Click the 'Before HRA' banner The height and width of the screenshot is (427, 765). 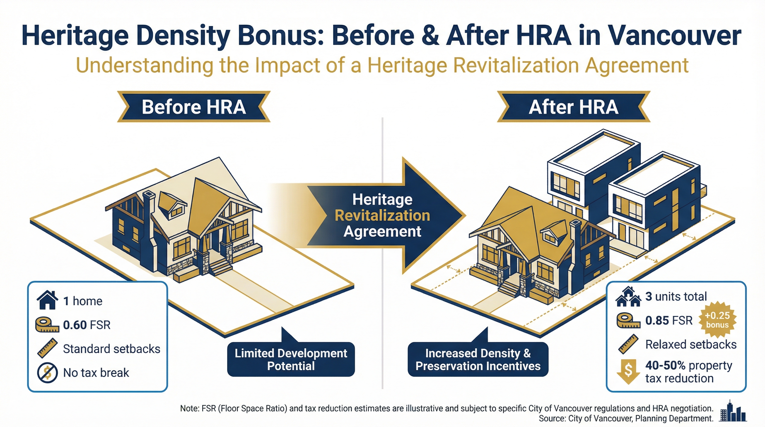(194, 107)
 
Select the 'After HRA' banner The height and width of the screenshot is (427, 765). (573, 107)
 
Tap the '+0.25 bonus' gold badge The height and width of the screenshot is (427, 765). (717, 320)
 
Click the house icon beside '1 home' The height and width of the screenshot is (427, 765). (47, 301)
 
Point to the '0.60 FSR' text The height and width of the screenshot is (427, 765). (87, 325)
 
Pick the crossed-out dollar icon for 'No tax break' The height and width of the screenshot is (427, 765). (47, 373)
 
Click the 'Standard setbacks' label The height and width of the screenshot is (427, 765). (112, 349)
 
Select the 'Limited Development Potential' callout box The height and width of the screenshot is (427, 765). (291, 359)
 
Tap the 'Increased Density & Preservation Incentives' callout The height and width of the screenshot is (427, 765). (478, 359)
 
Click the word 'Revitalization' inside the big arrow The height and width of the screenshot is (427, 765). (382, 215)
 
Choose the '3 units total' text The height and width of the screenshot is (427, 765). (676, 296)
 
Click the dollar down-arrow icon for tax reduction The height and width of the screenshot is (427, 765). (629, 371)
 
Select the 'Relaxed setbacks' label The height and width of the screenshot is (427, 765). (691, 344)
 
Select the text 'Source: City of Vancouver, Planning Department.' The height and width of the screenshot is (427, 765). (626, 419)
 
